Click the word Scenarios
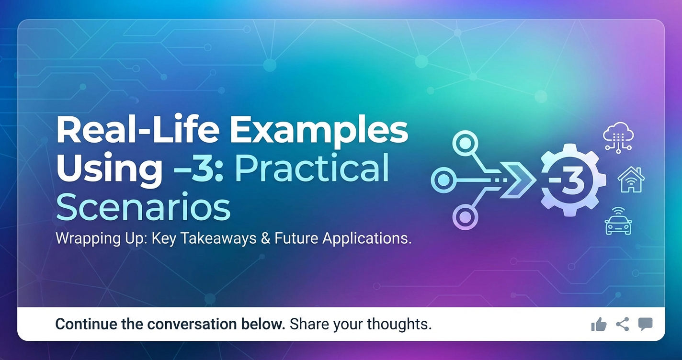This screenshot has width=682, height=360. (143, 208)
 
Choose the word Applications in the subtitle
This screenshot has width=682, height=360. (367, 238)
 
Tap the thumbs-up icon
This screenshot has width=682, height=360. (599, 325)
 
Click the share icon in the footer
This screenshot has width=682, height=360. (622, 324)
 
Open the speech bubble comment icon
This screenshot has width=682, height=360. (645, 324)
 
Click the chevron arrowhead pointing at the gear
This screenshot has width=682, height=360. (522, 180)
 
